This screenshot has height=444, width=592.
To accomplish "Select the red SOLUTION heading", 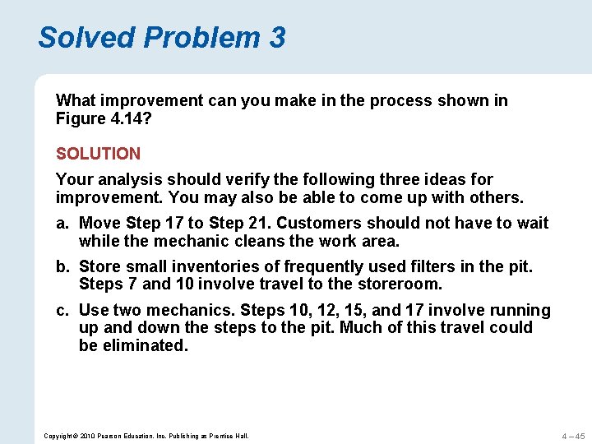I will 98,154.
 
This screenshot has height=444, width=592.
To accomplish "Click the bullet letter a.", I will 62,223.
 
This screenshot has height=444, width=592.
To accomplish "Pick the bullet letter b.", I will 62,266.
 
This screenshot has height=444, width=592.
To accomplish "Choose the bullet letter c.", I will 62,310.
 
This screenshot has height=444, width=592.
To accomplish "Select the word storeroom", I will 402,284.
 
